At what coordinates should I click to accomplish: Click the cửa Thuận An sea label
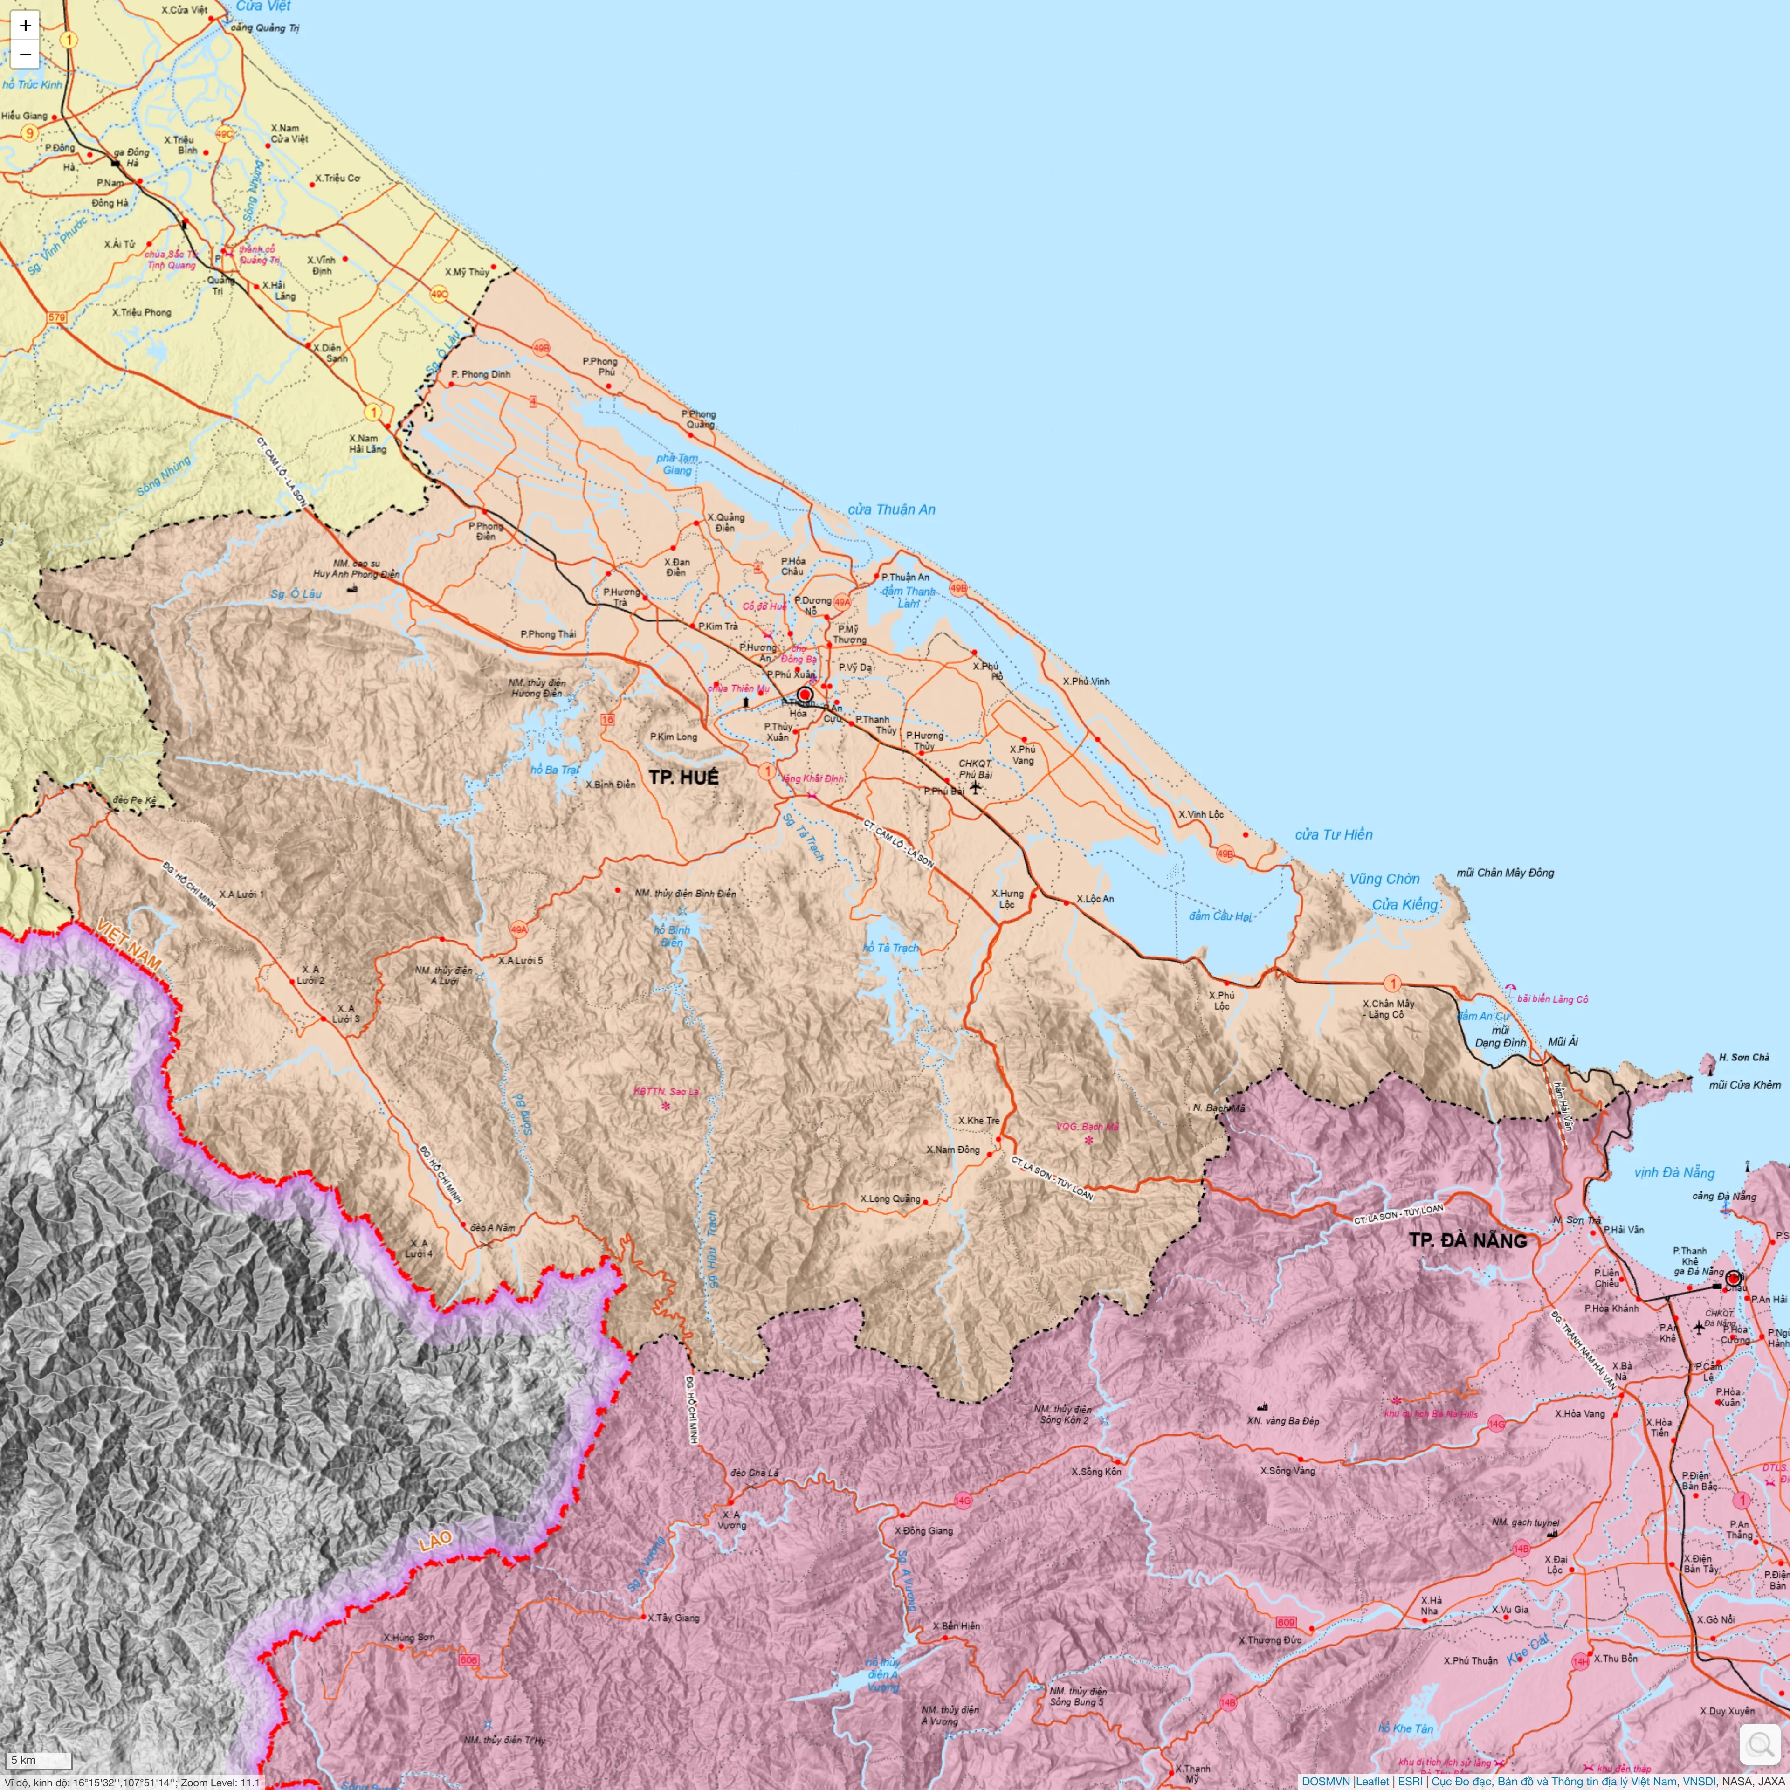[891, 509]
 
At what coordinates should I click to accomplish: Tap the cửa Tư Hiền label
[1333, 835]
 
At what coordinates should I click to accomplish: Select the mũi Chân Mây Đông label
[1505, 873]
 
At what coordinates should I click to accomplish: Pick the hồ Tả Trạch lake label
[891, 948]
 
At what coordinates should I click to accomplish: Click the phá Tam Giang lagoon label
[677, 464]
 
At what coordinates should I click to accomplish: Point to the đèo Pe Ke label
[134, 799]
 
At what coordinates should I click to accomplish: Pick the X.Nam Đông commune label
[952, 1150]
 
